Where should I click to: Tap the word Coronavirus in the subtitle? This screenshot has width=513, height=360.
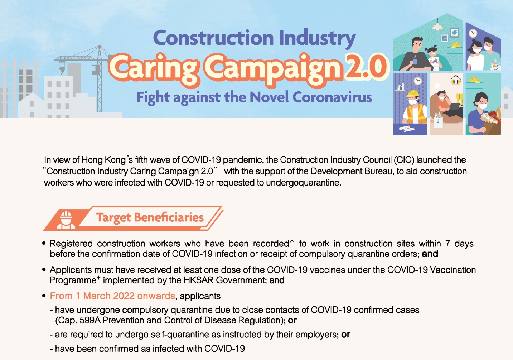pos(332,98)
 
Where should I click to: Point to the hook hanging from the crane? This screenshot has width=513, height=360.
pos(62,70)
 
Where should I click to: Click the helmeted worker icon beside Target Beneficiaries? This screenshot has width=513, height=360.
pos(66,220)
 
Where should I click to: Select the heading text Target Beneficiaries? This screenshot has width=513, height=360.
pos(150,217)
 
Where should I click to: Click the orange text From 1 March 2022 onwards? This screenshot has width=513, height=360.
pos(112,296)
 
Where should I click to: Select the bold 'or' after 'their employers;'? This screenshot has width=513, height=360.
pos(345,335)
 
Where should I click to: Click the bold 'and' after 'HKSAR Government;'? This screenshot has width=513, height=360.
pos(277,280)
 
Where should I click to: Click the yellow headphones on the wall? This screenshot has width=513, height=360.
pos(456,80)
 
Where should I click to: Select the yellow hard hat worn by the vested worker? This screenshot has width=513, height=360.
pos(413,93)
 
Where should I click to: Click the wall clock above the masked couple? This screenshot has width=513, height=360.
pos(473,33)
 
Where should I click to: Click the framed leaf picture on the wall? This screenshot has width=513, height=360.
pos(454,32)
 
